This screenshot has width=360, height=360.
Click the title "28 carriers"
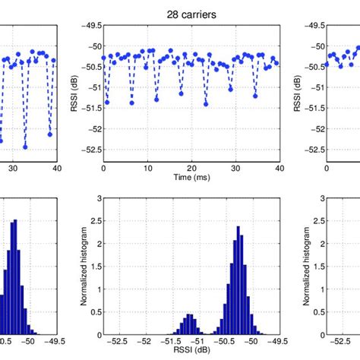(191, 13)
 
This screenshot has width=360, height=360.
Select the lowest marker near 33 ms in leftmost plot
(25, 146)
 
